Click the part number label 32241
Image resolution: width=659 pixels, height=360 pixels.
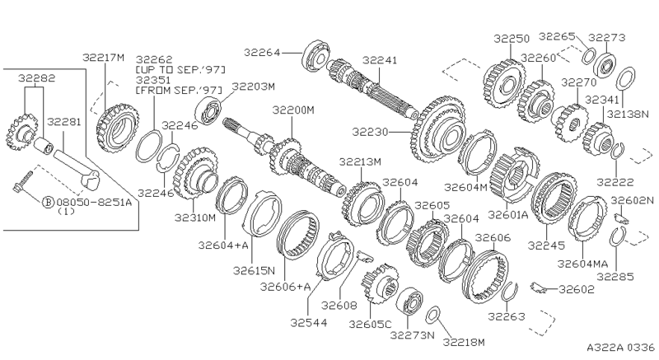380,60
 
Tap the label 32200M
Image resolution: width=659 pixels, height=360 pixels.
293,110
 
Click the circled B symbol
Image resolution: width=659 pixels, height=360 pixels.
49,203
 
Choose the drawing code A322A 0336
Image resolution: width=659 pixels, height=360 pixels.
621,348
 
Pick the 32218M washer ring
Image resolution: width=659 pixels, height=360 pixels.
433,315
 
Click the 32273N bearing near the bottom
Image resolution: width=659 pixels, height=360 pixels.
409,302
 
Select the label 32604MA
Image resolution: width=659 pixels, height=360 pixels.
582,264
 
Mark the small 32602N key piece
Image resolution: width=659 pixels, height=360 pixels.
621,217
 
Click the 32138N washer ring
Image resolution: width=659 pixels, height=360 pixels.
625,78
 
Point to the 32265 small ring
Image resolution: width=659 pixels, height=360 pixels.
589,56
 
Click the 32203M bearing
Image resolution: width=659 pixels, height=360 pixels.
208,110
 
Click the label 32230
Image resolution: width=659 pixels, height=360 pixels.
370,132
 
